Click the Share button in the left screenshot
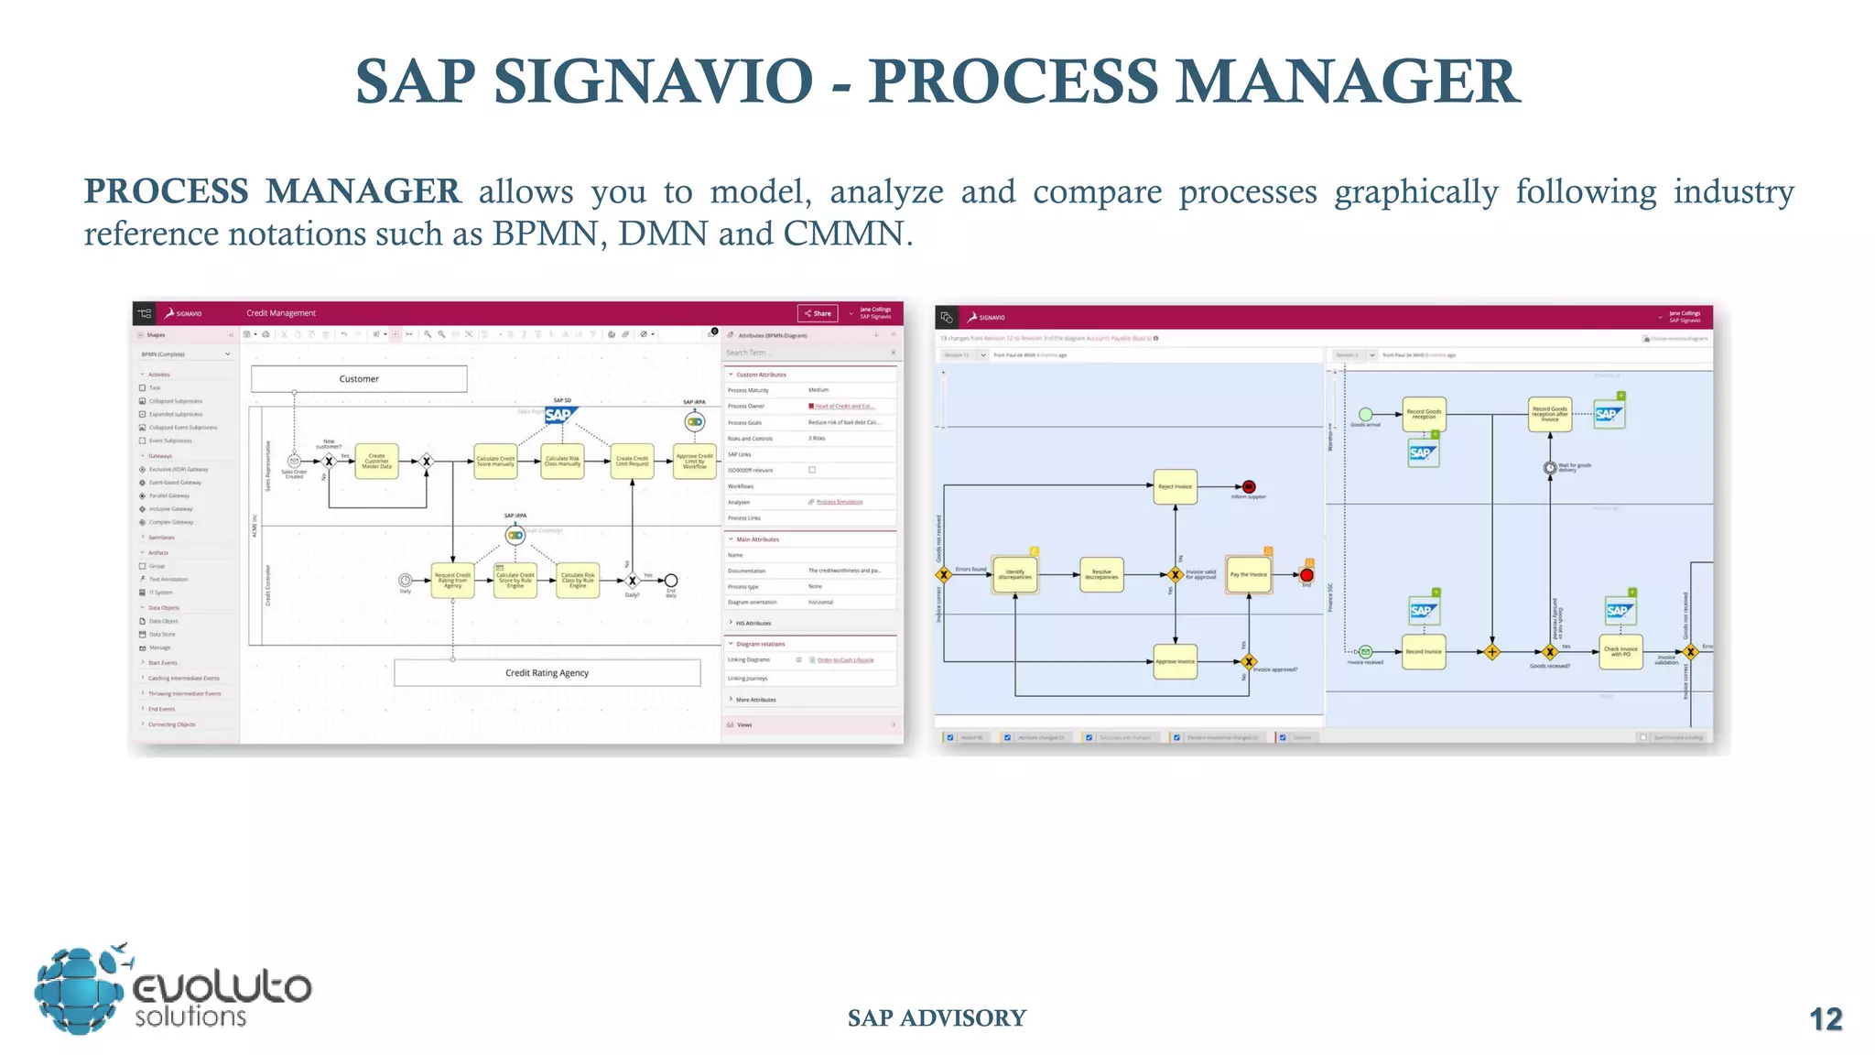coord(818,313)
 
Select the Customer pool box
coord(359,379)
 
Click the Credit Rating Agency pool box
coord(547,673)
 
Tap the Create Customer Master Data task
coord(376,462)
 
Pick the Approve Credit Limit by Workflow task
coord(694,462)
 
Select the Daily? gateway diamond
coord(632,581)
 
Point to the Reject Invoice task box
coord(1175,486)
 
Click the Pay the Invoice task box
coord(1249,575)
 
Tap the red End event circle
coord(1306,575)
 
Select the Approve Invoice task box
coord(1175,661)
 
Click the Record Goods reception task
coord(1424,414)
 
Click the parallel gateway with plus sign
coord(1492,652)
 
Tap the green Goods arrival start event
coord(1365,415)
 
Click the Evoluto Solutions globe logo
coord(81,991)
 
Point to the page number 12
coord(1825,1019)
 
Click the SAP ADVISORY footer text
coord(937,1018)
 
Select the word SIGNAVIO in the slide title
coord(653,82)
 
